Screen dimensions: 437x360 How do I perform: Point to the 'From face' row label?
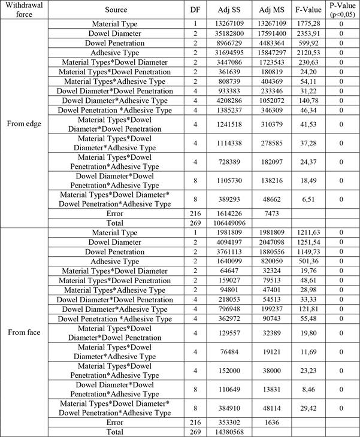point(23,332)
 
